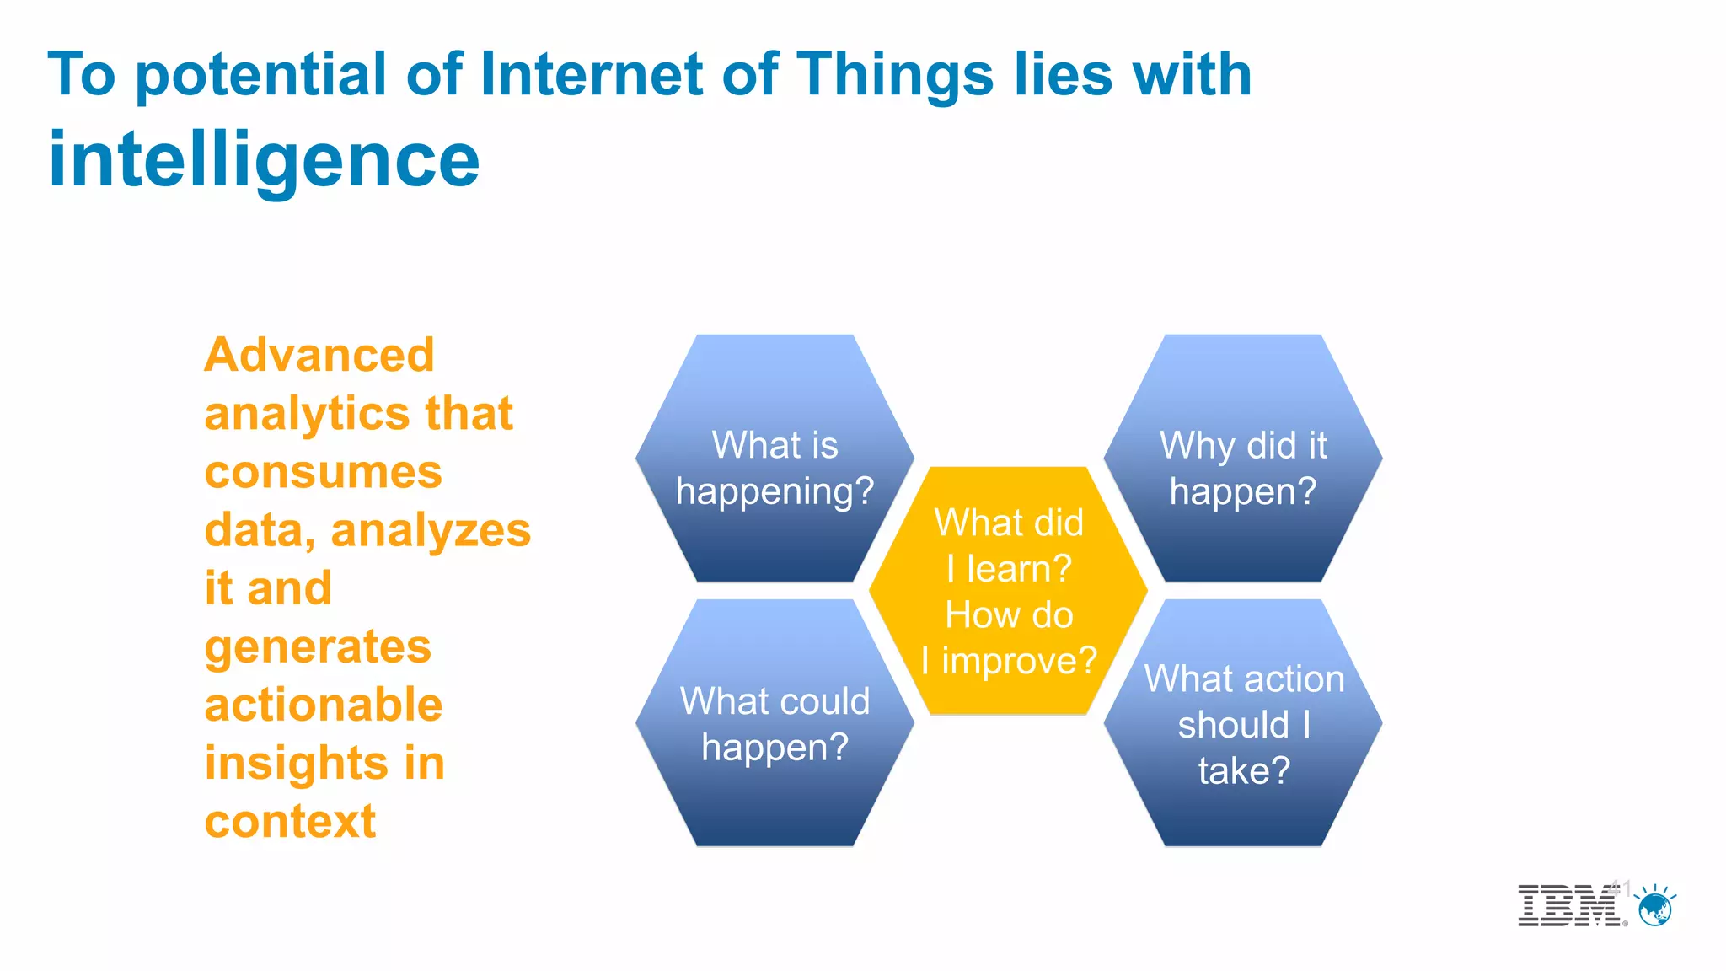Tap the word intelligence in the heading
[x=264, y=160]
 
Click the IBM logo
[x=1569, y=906]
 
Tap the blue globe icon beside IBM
[x=1655, y=909]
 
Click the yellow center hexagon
[x=1008, y=590]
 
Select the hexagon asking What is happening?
[x=775, y=459]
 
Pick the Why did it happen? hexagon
[x=1243, y=459]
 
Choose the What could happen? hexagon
[x=775, y=723]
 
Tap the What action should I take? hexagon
[x=1243, y=723]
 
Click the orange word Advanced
[x=319, y=355]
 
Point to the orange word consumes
[x=323, y=472]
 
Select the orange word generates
[x=318, y=647]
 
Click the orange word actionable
[x=323, y=705]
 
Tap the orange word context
[x=290, y=821]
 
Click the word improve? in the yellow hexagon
[x=1019, y=661]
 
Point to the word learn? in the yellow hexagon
[x=1019, y=569]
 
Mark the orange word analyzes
[x=431, y=531]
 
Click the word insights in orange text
[x=296, y=763]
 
